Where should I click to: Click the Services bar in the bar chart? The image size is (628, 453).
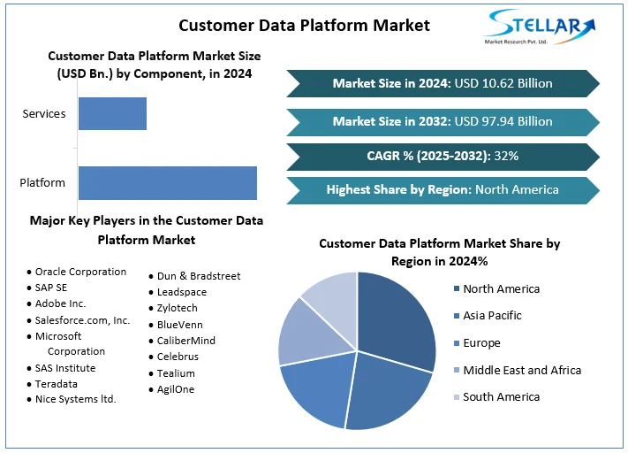tap(112, 114)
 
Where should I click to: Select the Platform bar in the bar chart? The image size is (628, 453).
tap(167, 182)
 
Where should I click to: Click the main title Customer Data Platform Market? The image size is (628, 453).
tap(304, 25)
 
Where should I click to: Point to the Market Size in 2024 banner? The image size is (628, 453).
tap(443, 83)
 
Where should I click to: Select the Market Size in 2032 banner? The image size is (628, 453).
tap(443, 121)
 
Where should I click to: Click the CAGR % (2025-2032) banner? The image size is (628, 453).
tap(443, 156)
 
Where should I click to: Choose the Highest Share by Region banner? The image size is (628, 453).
tap(443, 189)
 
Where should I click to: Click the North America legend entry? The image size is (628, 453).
tap(501, 288)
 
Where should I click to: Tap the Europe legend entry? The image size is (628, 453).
tap(481, 342)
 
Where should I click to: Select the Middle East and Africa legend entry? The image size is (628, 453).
tap(522, 370)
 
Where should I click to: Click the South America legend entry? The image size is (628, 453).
tap(501, 396)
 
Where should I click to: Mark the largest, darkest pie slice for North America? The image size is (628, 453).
tap(395, 319)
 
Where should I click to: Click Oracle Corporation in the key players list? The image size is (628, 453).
tap(80, 272)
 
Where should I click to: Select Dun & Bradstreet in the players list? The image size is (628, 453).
tap(199, 276)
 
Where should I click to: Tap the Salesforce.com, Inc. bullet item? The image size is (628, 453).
tap(82, 319)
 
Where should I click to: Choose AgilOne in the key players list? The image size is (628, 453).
tap(176, 388)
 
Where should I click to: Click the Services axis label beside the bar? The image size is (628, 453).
tap(42, 114)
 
